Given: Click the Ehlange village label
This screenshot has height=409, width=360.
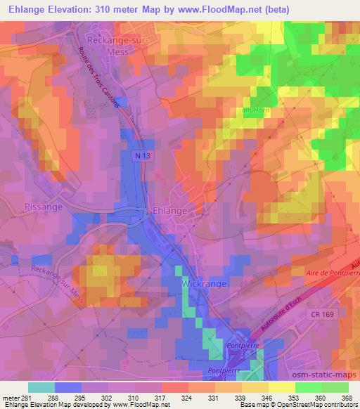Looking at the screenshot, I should pos(169,210).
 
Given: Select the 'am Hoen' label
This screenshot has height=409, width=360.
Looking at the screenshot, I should pos(255,110).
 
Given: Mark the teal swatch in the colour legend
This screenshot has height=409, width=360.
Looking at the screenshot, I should pos(41,387).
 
